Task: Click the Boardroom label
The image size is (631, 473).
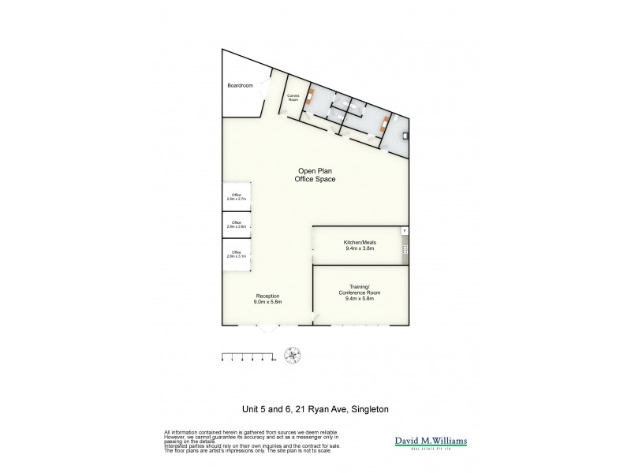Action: click(240, 85)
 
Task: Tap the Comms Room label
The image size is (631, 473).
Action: click(293, 98)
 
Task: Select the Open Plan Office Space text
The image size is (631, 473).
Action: click(315, 175)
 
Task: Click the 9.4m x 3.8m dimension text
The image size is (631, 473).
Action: click(359, 248)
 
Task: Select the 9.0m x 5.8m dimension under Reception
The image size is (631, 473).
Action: click(267, 302)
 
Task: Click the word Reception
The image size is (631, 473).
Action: click(267, 296)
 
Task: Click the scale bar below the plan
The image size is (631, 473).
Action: click(248, 356)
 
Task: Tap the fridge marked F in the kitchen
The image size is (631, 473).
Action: click(405, 231)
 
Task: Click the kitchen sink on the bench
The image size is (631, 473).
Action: click(405, 250)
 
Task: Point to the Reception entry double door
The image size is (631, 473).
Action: click(269, 326)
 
